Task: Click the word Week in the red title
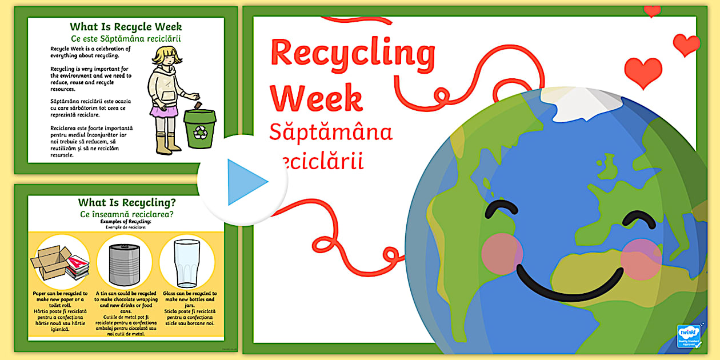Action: point(316,98)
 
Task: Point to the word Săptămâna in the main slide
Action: point(331,133)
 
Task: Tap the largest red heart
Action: point(643,72)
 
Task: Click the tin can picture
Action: point(125,262)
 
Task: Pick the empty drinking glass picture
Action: point(187,262)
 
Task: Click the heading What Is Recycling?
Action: point(127,202)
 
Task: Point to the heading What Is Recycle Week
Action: point(126,27)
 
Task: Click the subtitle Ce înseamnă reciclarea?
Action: point(127,214)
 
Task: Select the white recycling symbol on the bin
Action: point(200,133)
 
